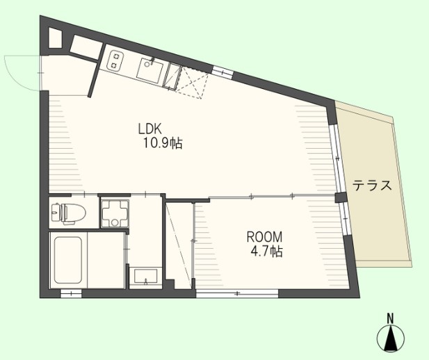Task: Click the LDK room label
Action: [150, 129]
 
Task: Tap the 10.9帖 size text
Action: [163, 143]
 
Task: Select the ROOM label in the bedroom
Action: [264, 237]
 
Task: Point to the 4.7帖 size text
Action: [267, 252]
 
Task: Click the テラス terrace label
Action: [372, 186]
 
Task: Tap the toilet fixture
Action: [68, 213]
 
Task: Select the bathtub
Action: [68, 260]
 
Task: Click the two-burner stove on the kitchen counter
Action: [115, 61]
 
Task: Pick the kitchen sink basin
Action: [150, 71]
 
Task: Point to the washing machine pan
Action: [115, 214]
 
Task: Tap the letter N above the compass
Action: [390, 318]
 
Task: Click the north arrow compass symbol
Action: [391, 338]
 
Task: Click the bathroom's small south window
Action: [71, 294]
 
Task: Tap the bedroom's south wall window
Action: [237, 293]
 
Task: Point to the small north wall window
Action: [223, 72]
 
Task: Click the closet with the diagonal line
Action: [179, 245]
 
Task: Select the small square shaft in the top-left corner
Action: [55, 38]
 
